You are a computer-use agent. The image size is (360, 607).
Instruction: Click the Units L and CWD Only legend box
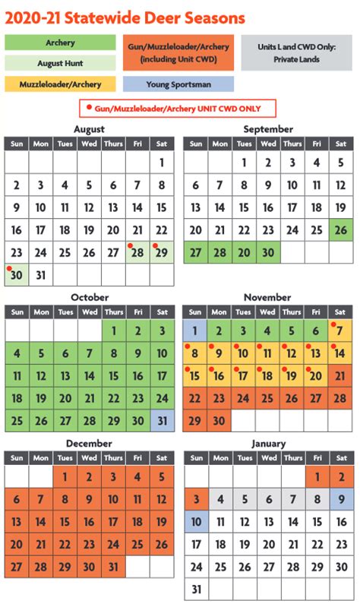tap(297, 52)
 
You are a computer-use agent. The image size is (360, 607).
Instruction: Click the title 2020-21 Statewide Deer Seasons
tap(125, 17)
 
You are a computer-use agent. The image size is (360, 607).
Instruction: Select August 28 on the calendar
tap(138, 252)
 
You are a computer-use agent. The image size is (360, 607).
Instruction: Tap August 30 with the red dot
tap(17, 275)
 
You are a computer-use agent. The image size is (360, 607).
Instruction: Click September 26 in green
tap(341, 230)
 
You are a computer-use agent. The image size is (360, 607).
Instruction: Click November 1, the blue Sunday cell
tap(195, 330)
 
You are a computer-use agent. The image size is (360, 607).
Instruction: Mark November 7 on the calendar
tap(341, 330)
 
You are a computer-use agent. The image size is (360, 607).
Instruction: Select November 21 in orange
tap(341, 375)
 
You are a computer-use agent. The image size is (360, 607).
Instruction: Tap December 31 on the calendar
tap(113, 567)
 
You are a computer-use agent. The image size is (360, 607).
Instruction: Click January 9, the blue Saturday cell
tap(341, 499)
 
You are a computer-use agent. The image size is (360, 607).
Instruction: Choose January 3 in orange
tap(195, 499)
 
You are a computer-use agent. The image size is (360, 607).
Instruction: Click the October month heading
tap(89, 297)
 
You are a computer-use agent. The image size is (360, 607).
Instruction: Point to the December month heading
tap(89, 443)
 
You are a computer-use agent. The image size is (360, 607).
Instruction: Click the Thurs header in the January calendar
tap(292, 458)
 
